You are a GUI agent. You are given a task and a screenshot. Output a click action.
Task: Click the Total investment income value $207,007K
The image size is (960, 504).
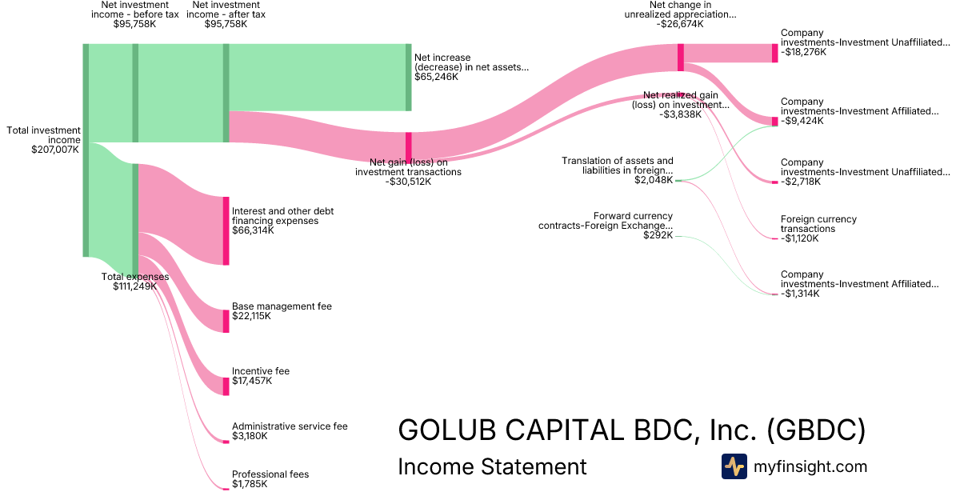point(54,150)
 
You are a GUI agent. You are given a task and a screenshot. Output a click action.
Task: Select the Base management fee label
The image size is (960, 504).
point(282,306)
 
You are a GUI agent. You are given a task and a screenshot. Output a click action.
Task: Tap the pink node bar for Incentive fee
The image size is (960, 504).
point(226,386)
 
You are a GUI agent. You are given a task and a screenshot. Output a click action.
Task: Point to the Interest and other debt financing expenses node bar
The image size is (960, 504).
point(226,230)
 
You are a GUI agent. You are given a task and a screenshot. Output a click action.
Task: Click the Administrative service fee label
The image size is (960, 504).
point(290,426)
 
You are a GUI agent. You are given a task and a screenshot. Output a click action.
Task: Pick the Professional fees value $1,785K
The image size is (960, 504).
point(250,484)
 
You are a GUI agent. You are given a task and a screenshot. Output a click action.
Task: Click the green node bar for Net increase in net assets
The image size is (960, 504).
point(408,78)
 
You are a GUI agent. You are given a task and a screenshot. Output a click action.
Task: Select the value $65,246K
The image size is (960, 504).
point(437,78)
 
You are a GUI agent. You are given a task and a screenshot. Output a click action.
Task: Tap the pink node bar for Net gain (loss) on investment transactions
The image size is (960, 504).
point(408,147)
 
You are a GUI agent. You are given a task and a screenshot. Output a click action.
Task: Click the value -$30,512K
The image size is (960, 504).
point(408,182)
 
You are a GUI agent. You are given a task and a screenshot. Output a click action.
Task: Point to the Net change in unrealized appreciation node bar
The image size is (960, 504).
point(681,57)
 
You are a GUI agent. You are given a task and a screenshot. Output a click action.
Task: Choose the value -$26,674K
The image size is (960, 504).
point(680,24)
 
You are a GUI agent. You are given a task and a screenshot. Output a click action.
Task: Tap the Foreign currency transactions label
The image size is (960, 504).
point(818,224)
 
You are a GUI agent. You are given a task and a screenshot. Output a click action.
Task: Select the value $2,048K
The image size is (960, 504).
point(654,180)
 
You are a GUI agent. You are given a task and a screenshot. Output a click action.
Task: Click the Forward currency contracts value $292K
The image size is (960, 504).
point(658,236)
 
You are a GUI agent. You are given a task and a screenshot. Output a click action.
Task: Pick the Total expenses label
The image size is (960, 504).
point(135,277)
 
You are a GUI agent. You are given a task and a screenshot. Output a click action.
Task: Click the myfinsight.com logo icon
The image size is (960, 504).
point(734,466)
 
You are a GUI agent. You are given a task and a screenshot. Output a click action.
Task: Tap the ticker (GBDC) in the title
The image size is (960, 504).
point(816,430)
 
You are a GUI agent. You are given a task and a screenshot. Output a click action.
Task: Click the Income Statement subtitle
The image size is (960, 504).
point(492,466)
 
